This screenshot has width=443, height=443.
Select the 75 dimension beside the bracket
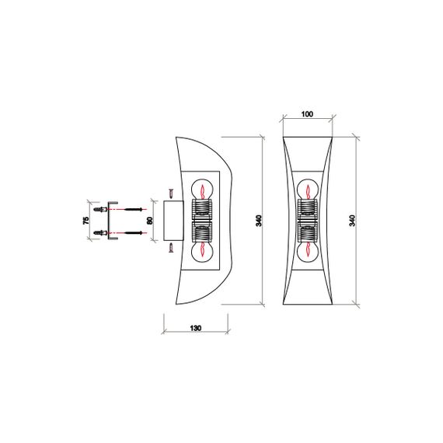click(x=85, y=221)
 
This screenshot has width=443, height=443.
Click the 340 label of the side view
click(x=259, y=221)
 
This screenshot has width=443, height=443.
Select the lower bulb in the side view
click(x=202, y=250)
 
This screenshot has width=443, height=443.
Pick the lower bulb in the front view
click(x=309, y=250)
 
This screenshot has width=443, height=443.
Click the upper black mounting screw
click(x=134, y=210)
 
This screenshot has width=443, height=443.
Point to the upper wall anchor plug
click(x=99, y=210)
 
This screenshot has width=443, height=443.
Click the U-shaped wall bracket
click(x=112, y=221)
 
